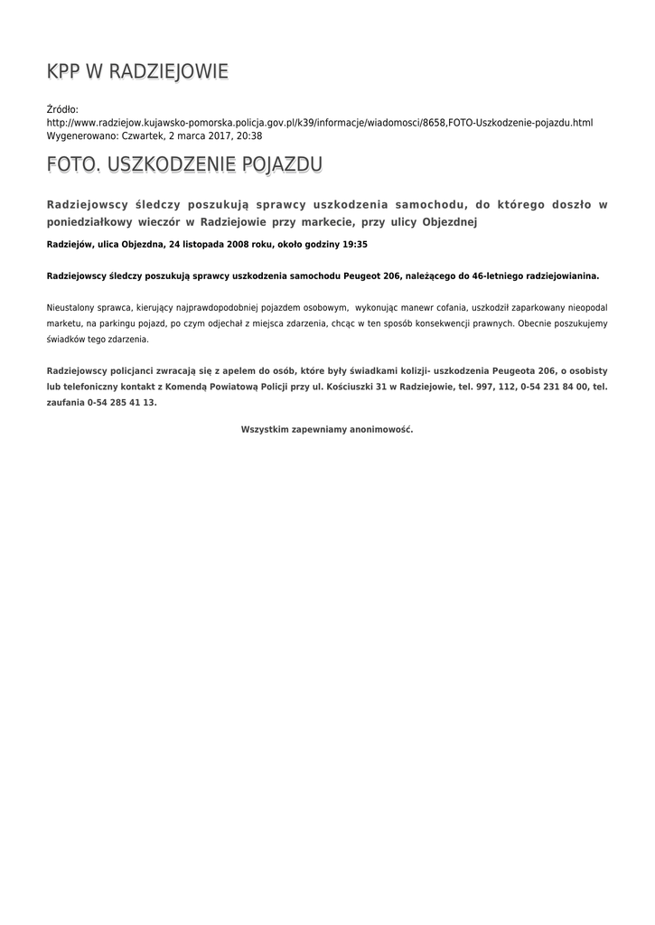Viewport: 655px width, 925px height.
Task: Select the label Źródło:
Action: pos(63,109)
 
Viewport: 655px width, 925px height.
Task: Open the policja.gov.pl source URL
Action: pos(320,122)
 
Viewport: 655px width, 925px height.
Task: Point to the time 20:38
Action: pos(248,135)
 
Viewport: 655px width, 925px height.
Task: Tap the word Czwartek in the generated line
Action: pos(142,135)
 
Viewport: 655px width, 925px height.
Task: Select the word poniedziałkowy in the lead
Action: pos(89,221)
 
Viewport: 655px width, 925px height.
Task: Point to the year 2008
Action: pos(241,244)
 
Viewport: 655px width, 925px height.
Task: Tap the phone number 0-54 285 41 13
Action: pos(122,403)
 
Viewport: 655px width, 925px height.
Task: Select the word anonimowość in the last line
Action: pos(382,429)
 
